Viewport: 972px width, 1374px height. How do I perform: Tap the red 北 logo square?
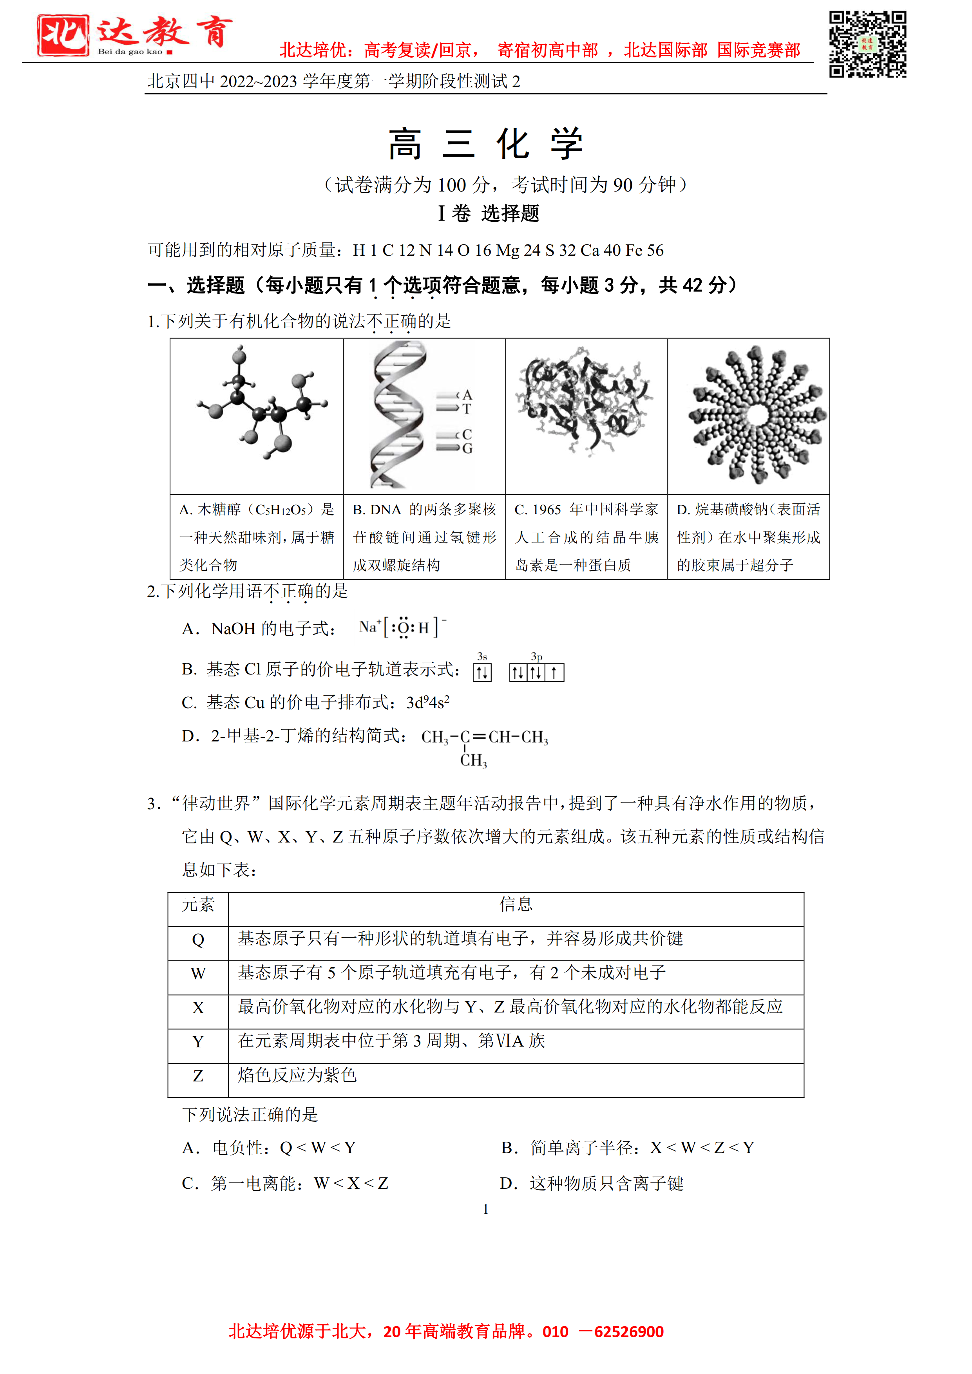pos(63,35)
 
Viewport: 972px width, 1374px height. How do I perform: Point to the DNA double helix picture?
pos(398,415)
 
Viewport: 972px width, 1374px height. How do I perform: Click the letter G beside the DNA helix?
pos(467,448)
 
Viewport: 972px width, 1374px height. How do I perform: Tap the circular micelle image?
pos(757,415)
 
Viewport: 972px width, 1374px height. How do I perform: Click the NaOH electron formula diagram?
pos(403,627)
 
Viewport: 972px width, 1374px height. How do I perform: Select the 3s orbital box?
pos(482,673)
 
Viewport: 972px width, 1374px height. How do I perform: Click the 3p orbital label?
pos(536,656)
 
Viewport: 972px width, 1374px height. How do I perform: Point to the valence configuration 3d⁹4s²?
pos(428,703)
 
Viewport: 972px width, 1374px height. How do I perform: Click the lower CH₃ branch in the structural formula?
pos(473,761)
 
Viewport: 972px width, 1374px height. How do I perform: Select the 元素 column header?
pos(198,904)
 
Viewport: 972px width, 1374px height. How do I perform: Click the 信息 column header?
pos(516,904)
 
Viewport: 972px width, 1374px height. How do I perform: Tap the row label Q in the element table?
pos(198,940)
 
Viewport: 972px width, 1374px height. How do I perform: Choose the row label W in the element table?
pos(198,974)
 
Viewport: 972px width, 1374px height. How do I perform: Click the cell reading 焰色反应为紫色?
pos(297,1076)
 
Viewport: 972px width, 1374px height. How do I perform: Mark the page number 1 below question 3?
pos(485,1209)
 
